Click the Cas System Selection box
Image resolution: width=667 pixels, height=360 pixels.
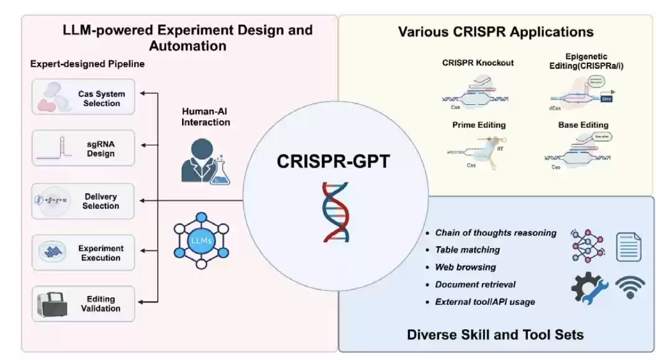(83, 97)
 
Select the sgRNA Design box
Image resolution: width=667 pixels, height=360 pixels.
(83, 148)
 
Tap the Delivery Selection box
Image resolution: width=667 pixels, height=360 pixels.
(83, 200)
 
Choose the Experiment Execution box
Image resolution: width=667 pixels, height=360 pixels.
(83, 252)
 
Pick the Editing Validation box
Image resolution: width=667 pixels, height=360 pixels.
(83, 304)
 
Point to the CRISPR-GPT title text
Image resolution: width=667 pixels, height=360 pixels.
(335, 161)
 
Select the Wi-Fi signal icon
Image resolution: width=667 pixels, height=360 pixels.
(629, 287)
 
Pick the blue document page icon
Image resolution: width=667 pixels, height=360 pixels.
(628, 246)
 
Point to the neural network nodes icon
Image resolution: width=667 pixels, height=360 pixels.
(587, 246)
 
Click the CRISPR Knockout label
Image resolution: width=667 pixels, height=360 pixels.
(478, 63)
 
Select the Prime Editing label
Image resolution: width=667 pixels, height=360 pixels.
(478, 125)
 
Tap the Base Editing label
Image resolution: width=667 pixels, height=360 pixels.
(583, 125)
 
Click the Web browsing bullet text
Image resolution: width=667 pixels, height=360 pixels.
(465, 267)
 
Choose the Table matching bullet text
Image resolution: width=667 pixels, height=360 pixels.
(467, 250)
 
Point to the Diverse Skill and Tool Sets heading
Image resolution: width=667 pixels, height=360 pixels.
(495, 335)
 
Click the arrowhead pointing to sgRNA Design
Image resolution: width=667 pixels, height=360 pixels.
(142, 145)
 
